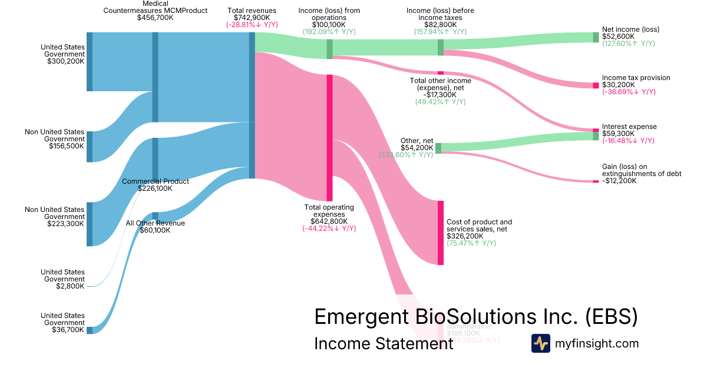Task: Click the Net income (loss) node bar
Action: pyautogui.click(x=596, y=37)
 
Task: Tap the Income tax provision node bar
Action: pyautogui.click(x=596, y=85)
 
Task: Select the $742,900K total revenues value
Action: pyautogui.click(x=252, y=18)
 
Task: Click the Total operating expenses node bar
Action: pyautogui.click(x=329, y=138)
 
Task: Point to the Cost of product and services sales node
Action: pyautogui.click(x=440, y=233)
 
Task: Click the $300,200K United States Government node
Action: pyautogui.click(x=90, y=62)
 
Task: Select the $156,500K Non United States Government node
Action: pyautogui.click(x=90, y=147)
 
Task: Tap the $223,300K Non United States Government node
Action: pyautogui.click(x=90, y=224)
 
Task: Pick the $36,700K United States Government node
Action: pyautogui.click(x=90, y=330)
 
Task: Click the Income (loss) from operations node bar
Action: pyautogui.click(x=329, y=49)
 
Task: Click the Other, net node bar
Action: pyautogui.click(x=438, y=148)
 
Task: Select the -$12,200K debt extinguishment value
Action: pyautogui.click(x=619, y=181)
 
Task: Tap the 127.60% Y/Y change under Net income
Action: pyautogui.click(x=628, y=44)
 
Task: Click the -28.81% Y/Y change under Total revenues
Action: pyautogui.click(x=252, y=25)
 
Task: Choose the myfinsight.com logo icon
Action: pyautogui.click(x=540, y=343)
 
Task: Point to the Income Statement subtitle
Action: pyautogui.click(x=384, y=343)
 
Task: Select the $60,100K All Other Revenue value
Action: pyautogui.click(x=155, y=230)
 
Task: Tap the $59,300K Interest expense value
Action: pyautogui.click(x=618, y=134)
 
